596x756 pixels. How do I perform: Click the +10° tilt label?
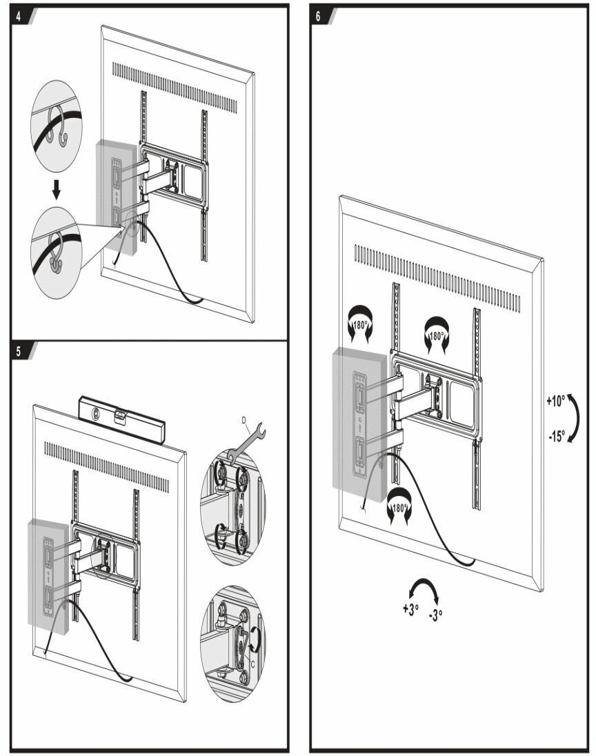point(555,401)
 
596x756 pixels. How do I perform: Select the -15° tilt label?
point(557,437)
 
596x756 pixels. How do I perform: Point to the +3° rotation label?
point(411,610)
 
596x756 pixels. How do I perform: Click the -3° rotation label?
point(435,615)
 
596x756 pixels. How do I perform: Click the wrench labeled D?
point(246,442)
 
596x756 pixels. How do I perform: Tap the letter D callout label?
point(244,420)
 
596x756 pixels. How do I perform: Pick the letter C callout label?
point(252,664)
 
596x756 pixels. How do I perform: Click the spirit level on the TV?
point(121,417)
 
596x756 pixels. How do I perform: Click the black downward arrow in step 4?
point(57,190)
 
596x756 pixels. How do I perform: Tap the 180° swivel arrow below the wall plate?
point(399,506)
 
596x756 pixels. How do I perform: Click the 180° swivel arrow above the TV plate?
point(437,335)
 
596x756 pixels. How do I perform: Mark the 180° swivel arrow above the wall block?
point(361,324)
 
